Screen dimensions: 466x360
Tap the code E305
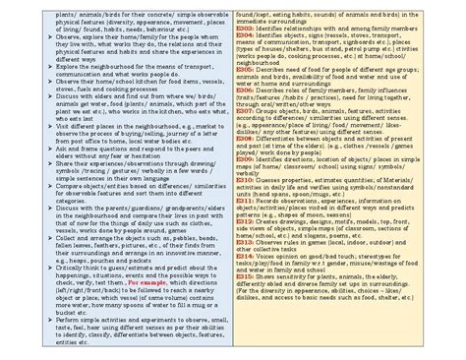tap(244, 72)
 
